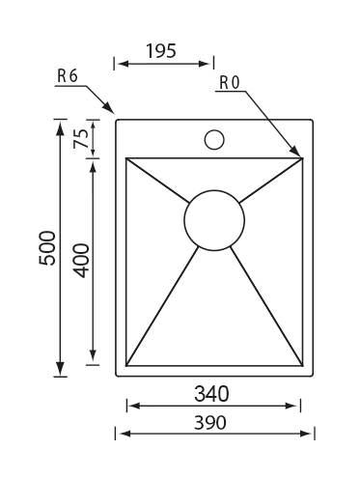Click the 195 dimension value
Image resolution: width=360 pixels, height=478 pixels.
(161, 51)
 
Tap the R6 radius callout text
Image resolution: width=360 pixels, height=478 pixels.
(68, 76)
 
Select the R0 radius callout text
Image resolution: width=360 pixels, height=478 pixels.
(230, 82)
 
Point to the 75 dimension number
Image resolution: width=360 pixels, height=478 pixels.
(81, 138)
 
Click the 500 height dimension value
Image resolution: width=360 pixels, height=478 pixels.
(47, 248)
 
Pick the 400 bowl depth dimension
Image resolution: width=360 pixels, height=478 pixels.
(81, 261)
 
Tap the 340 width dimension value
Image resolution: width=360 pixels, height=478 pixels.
(211, 394)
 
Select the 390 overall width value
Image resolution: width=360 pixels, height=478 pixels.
(210, 422)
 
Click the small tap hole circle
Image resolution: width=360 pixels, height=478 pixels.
(214, 140)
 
